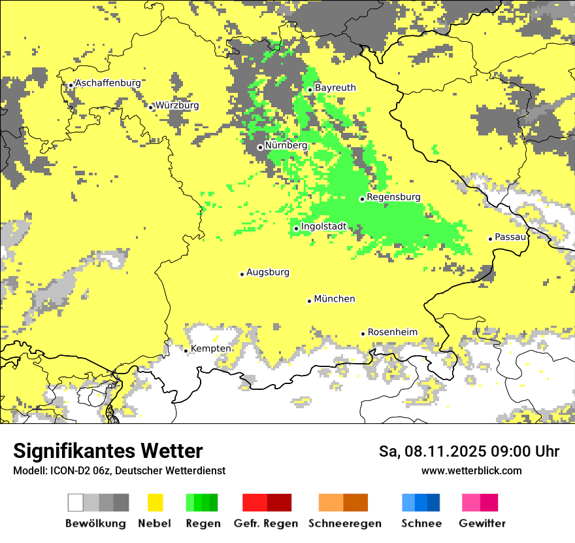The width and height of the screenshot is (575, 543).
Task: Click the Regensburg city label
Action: click(394, 197)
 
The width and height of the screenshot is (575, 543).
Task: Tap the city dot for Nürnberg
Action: click(260, 147)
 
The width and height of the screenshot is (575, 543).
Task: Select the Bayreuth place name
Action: click(335, 88)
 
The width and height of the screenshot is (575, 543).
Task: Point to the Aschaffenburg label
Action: click(108, 83)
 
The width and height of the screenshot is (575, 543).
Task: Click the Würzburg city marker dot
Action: click(150, 107)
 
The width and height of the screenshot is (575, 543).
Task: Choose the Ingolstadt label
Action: click(323, 226)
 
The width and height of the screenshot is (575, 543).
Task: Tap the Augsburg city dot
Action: click(242, 274)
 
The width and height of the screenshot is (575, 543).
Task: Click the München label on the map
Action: click(335, 299)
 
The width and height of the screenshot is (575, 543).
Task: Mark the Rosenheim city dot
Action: click(363, 334)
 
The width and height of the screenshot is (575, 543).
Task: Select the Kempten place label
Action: click(211, 349)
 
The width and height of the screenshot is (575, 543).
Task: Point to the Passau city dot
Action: click(490, 239)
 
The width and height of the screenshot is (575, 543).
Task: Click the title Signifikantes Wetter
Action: click(108, 451)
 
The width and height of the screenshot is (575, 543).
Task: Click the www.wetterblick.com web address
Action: click(471, 470)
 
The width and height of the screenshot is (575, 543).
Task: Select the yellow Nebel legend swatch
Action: click(156, 502)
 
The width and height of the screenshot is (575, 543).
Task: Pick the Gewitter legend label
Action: click(482, 523)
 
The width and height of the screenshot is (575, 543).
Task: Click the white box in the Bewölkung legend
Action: click(76, 502)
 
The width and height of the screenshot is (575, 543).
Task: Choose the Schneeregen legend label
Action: click(345, 523)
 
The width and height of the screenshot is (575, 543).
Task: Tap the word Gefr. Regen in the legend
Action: click(266, 523)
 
